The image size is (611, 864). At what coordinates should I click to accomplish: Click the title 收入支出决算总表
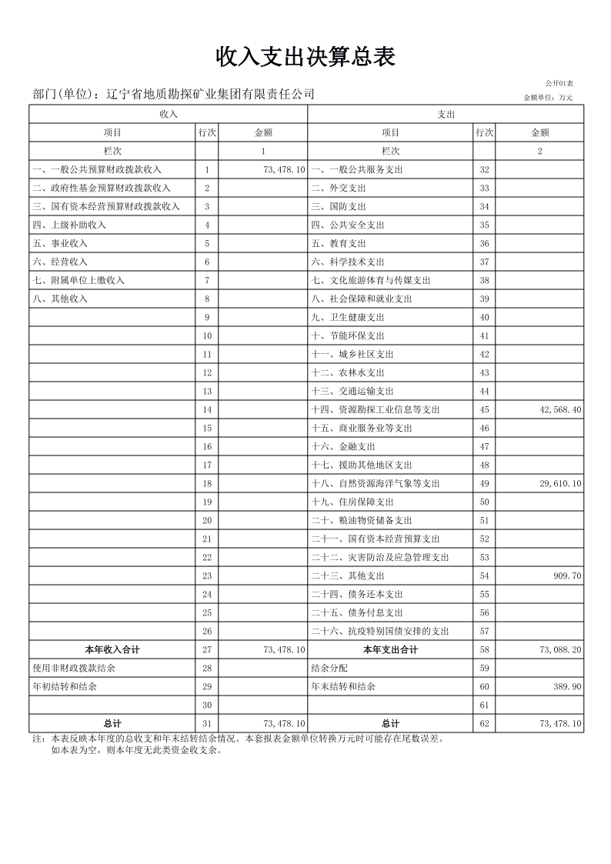point(305,57)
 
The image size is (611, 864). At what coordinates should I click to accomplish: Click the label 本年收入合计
point(112,650)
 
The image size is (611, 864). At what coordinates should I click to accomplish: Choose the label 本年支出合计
point(390,650)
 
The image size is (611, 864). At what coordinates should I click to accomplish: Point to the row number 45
point(484,410)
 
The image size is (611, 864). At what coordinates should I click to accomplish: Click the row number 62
point(484,724)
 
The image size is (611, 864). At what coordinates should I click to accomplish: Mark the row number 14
point(207,410)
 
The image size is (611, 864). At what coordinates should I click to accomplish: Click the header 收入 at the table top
point(168,114)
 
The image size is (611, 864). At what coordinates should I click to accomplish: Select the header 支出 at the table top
point(446,114)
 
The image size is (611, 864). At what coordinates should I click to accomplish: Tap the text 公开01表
point(559,83)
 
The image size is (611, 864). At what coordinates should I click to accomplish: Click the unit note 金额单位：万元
point(547,98)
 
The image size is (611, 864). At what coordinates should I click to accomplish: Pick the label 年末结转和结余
point(343,687)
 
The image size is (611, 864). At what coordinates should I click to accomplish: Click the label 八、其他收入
point(59,299)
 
